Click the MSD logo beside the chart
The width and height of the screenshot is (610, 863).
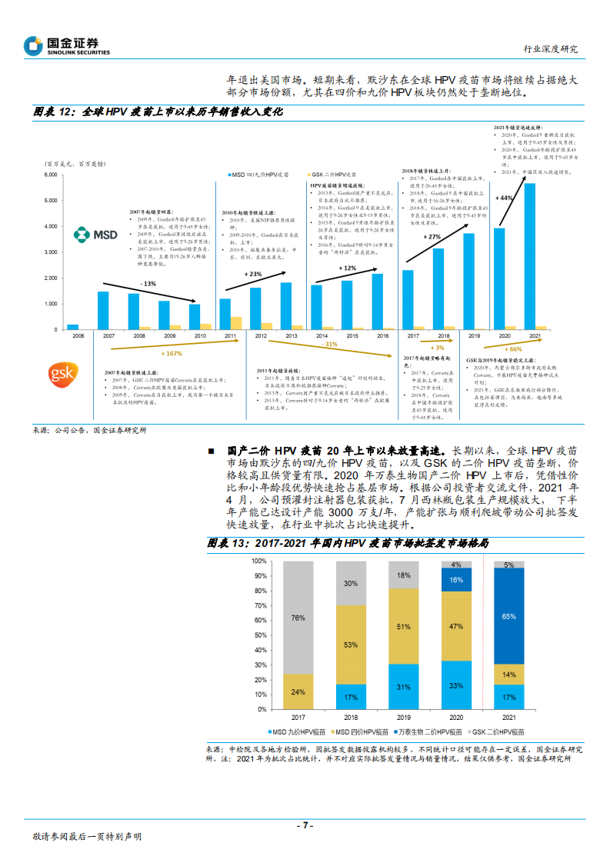(95, 234)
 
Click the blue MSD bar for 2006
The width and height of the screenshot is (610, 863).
(73, 327)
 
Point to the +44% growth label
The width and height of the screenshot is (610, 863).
(505, 198)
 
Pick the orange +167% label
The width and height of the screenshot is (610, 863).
(174, 354)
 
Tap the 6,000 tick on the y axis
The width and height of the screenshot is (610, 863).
(52, 175)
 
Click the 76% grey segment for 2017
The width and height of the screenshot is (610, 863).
(298, 617)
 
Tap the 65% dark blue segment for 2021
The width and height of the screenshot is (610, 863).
(508, 616)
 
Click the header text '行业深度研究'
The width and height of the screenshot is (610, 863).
(551, 48)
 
